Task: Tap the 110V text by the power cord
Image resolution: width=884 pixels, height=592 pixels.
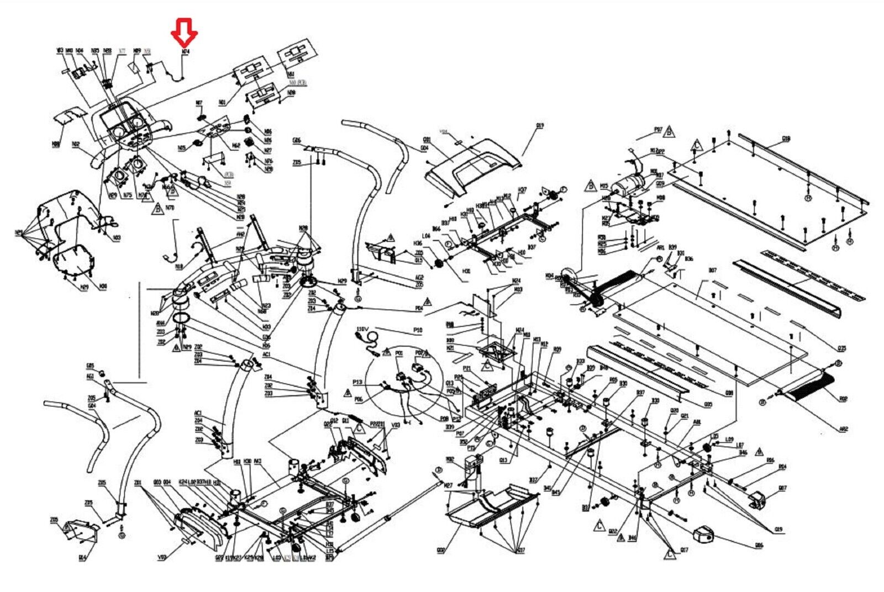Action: (362, 329)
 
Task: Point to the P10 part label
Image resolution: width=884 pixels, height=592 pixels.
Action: (418, 330)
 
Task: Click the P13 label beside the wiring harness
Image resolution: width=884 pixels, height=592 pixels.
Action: (357, 382)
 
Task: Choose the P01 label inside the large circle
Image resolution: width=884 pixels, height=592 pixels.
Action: (399, 353)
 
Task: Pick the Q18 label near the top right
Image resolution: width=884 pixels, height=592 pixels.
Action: (786, 139)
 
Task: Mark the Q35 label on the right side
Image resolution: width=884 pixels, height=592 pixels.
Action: (842, 348)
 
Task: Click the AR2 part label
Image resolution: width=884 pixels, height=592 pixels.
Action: (843, 429)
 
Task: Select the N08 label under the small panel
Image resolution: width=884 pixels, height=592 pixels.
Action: (56, 144)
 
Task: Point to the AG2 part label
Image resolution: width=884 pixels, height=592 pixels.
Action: (419, 277)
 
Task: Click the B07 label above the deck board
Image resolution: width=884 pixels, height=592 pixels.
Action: (713, 271)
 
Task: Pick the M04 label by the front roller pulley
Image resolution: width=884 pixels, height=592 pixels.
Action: (549, 275)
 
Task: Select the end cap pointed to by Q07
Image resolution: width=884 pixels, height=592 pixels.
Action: (758, 500)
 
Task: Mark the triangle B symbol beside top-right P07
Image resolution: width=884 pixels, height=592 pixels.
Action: (669, 131)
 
